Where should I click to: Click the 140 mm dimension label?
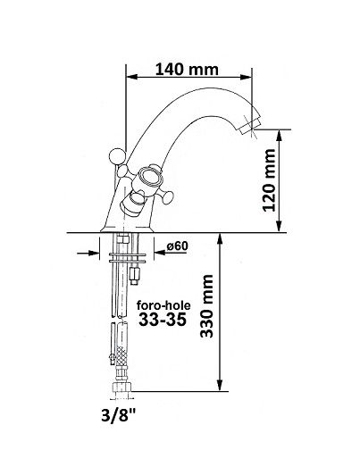pos(187,69)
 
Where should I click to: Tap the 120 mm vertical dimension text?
pos(269,180)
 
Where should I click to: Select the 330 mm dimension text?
pos(207,306)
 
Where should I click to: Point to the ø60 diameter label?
pos(177,246)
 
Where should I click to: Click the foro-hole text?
pos(163,305)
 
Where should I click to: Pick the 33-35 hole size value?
pos(162,320)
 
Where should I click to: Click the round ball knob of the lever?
pos(117,156)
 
